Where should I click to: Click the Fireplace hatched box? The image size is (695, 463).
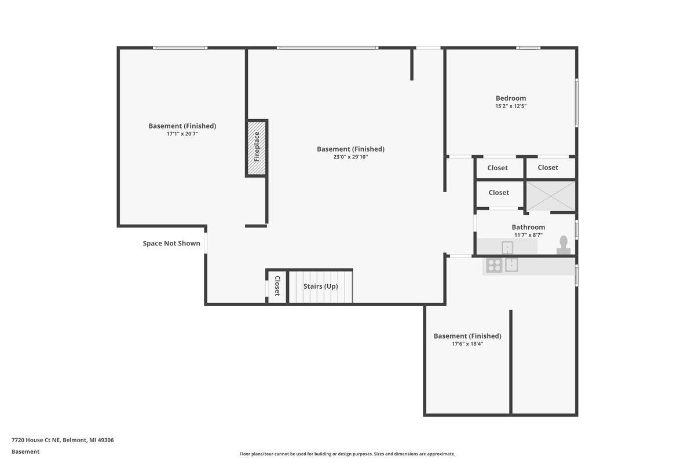tap(257, 148)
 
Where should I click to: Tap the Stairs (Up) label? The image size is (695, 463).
tap(320, 286)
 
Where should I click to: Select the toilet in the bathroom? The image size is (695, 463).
tap(564, 245)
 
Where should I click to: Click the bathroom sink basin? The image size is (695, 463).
tap(507, 248)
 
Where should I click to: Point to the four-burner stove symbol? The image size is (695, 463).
tap(494, 265)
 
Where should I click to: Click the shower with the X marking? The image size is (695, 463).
tap(551, 196)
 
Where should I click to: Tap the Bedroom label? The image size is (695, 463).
tap(511, 98)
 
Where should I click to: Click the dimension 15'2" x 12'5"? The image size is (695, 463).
tap(511, 106)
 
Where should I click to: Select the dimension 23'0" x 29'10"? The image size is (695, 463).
tap(350, 157)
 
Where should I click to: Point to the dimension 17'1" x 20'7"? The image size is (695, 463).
tap(182, 134)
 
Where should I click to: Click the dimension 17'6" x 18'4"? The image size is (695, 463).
tap(467, 344)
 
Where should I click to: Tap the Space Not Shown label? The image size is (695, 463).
tap(171, 244)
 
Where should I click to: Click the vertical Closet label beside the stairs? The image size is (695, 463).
tap(277, 286)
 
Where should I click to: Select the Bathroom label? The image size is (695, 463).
tap(528, 227)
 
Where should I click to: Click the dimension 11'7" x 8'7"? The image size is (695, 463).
tap(528, 235)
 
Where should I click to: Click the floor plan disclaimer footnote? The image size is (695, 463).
tap(347, 454)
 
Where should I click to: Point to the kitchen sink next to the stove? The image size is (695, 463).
tap(511, 265)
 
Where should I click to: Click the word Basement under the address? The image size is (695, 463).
tap(25, 452)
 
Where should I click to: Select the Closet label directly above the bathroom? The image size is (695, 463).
tap(499, 193)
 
